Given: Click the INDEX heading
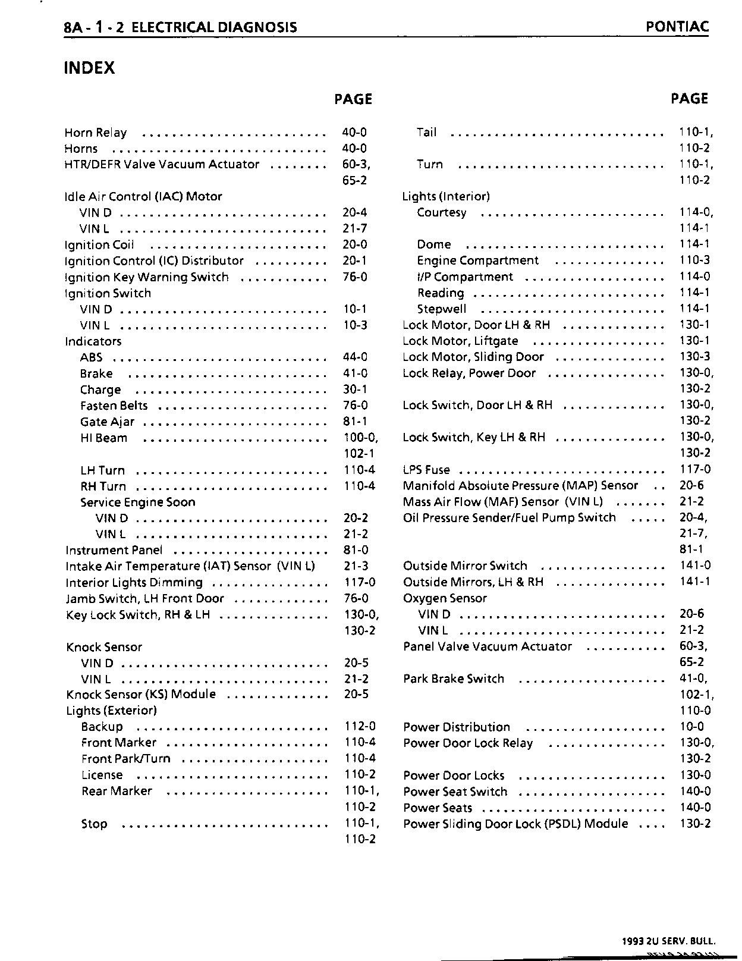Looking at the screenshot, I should pos(89,68).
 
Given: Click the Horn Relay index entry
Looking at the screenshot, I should pos(95,133).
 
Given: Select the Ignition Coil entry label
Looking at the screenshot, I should pos(99,245).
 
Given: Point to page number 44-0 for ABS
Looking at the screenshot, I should pos(355,357).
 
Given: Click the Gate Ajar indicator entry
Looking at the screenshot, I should pos(107,422).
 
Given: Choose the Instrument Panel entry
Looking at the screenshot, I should pos(114,551).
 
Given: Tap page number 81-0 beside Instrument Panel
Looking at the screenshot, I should pos(356,551).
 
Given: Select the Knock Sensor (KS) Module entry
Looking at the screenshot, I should pos(141,695).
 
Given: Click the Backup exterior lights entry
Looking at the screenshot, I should pos(102,727).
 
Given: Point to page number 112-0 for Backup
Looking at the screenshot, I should pos(360,727).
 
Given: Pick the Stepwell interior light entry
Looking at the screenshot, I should pos(442,309).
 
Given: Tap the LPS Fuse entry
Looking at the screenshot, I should pos(426,470).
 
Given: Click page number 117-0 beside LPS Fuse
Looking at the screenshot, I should pos(694,469).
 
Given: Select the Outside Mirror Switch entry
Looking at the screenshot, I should pos(465,566).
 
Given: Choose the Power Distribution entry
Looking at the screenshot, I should pos(457,727).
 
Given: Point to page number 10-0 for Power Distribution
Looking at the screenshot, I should pos(691,727).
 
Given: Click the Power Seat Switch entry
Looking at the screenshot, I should pos(455,792).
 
